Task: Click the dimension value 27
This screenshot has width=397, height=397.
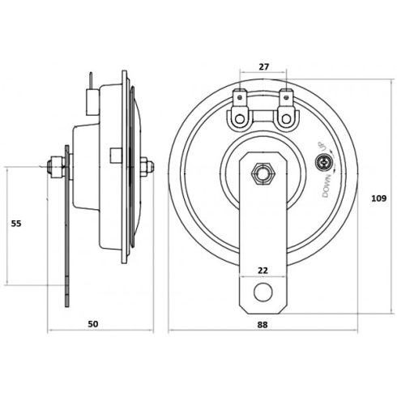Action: [x=260, y=69]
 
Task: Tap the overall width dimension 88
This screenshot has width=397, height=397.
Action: [x=262, y=323]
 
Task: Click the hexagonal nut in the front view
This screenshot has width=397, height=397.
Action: [x=261, y=173]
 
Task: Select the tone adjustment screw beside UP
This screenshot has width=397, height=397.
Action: [x=324, y=164]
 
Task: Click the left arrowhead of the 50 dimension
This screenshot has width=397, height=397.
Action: [x=50, y=332]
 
